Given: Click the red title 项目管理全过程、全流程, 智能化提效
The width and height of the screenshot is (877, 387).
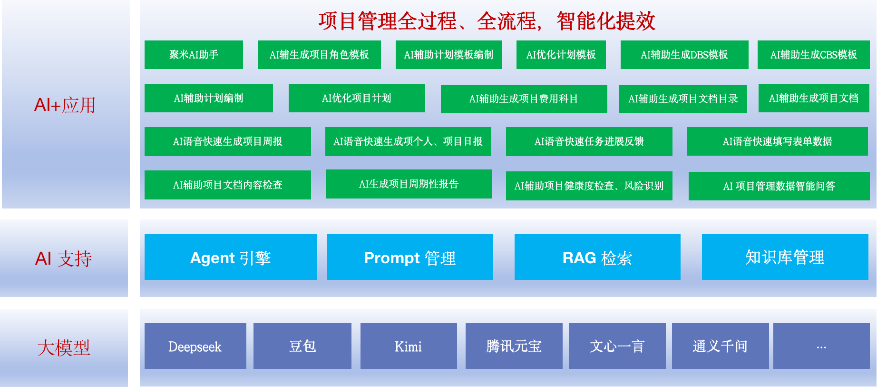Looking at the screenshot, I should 487,21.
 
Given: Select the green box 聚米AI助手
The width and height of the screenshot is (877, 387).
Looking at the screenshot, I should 194,55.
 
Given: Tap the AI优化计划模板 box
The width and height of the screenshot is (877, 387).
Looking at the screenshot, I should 561,55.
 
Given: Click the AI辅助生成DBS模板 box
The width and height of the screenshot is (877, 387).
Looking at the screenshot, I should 684,55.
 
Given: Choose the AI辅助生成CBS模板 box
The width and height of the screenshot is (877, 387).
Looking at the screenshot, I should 813,55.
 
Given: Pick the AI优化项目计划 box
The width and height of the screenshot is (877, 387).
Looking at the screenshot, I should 357,98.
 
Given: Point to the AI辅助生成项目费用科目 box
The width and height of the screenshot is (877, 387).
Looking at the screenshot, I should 524,99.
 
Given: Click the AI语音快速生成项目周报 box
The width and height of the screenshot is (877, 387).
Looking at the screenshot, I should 227,141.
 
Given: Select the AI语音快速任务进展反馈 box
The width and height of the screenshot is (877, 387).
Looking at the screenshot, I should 589,141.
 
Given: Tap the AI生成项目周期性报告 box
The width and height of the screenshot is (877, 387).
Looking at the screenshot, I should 409,184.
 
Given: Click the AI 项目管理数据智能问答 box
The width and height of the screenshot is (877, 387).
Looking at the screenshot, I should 779,186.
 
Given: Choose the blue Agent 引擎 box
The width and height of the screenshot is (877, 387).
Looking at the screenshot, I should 230,257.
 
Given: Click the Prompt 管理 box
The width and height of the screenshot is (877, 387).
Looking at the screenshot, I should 410,257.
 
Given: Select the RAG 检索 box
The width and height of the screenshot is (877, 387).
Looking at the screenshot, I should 597,257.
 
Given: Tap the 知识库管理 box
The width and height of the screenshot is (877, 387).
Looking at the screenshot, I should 785,257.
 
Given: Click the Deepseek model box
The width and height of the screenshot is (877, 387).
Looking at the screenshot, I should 195,346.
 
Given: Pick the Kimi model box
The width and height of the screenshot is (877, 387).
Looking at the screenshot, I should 409,346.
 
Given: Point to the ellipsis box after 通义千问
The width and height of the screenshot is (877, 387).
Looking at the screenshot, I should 821,346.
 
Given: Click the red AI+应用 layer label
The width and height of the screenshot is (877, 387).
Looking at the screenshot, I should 65,105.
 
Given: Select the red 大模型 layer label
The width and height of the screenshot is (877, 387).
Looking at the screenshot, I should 64,347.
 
